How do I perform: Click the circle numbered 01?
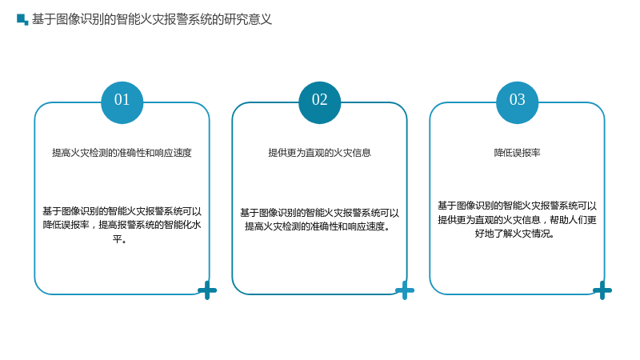click(122, 102)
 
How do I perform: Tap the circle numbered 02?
click(319, 102)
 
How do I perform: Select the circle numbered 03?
click(517, 102)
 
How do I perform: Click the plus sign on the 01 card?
click(207, 290)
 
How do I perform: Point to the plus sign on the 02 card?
click(405, 290)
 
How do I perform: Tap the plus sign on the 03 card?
click(602, 290)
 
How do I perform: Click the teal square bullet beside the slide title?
click(22, 19)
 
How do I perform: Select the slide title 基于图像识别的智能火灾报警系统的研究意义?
click(152, 19)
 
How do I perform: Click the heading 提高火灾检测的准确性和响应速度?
click(122, 153)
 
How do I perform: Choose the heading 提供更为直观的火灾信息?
click(319, 153)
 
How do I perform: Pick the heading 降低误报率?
click(517, 153)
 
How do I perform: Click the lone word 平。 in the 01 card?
click(119, 239)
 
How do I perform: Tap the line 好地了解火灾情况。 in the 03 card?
click(514, 234)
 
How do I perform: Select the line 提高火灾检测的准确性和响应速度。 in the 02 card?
click(318, 226)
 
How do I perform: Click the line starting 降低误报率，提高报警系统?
click(122, 225)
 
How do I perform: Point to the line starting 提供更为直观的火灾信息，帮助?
click(517, 220)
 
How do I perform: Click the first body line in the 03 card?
click(517, 206)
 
